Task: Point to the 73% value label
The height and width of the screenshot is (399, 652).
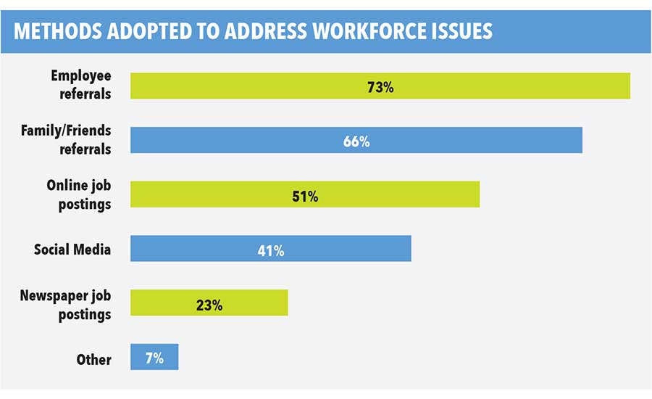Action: pyautogui.click(x=380, y=87)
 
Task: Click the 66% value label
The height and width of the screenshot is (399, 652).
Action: pyautogui.click(x=356, y=141)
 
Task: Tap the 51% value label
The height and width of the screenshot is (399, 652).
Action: pyautogui.click(x=304, y=196)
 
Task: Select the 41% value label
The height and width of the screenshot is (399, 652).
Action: pyautogui.click(x=270, y=250)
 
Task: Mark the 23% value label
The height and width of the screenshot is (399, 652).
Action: pyautogui.click(x=209, y=305)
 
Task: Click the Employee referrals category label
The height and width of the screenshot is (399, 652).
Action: pyautogui.click(x=81, y=86)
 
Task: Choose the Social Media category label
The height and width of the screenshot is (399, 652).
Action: pyautogui.click(x=72, y=249)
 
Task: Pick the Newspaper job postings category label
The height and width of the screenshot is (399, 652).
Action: pyautogui.click(x=65, y=305)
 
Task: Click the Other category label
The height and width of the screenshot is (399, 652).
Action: pyautogui.click(x=93, y=359)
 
